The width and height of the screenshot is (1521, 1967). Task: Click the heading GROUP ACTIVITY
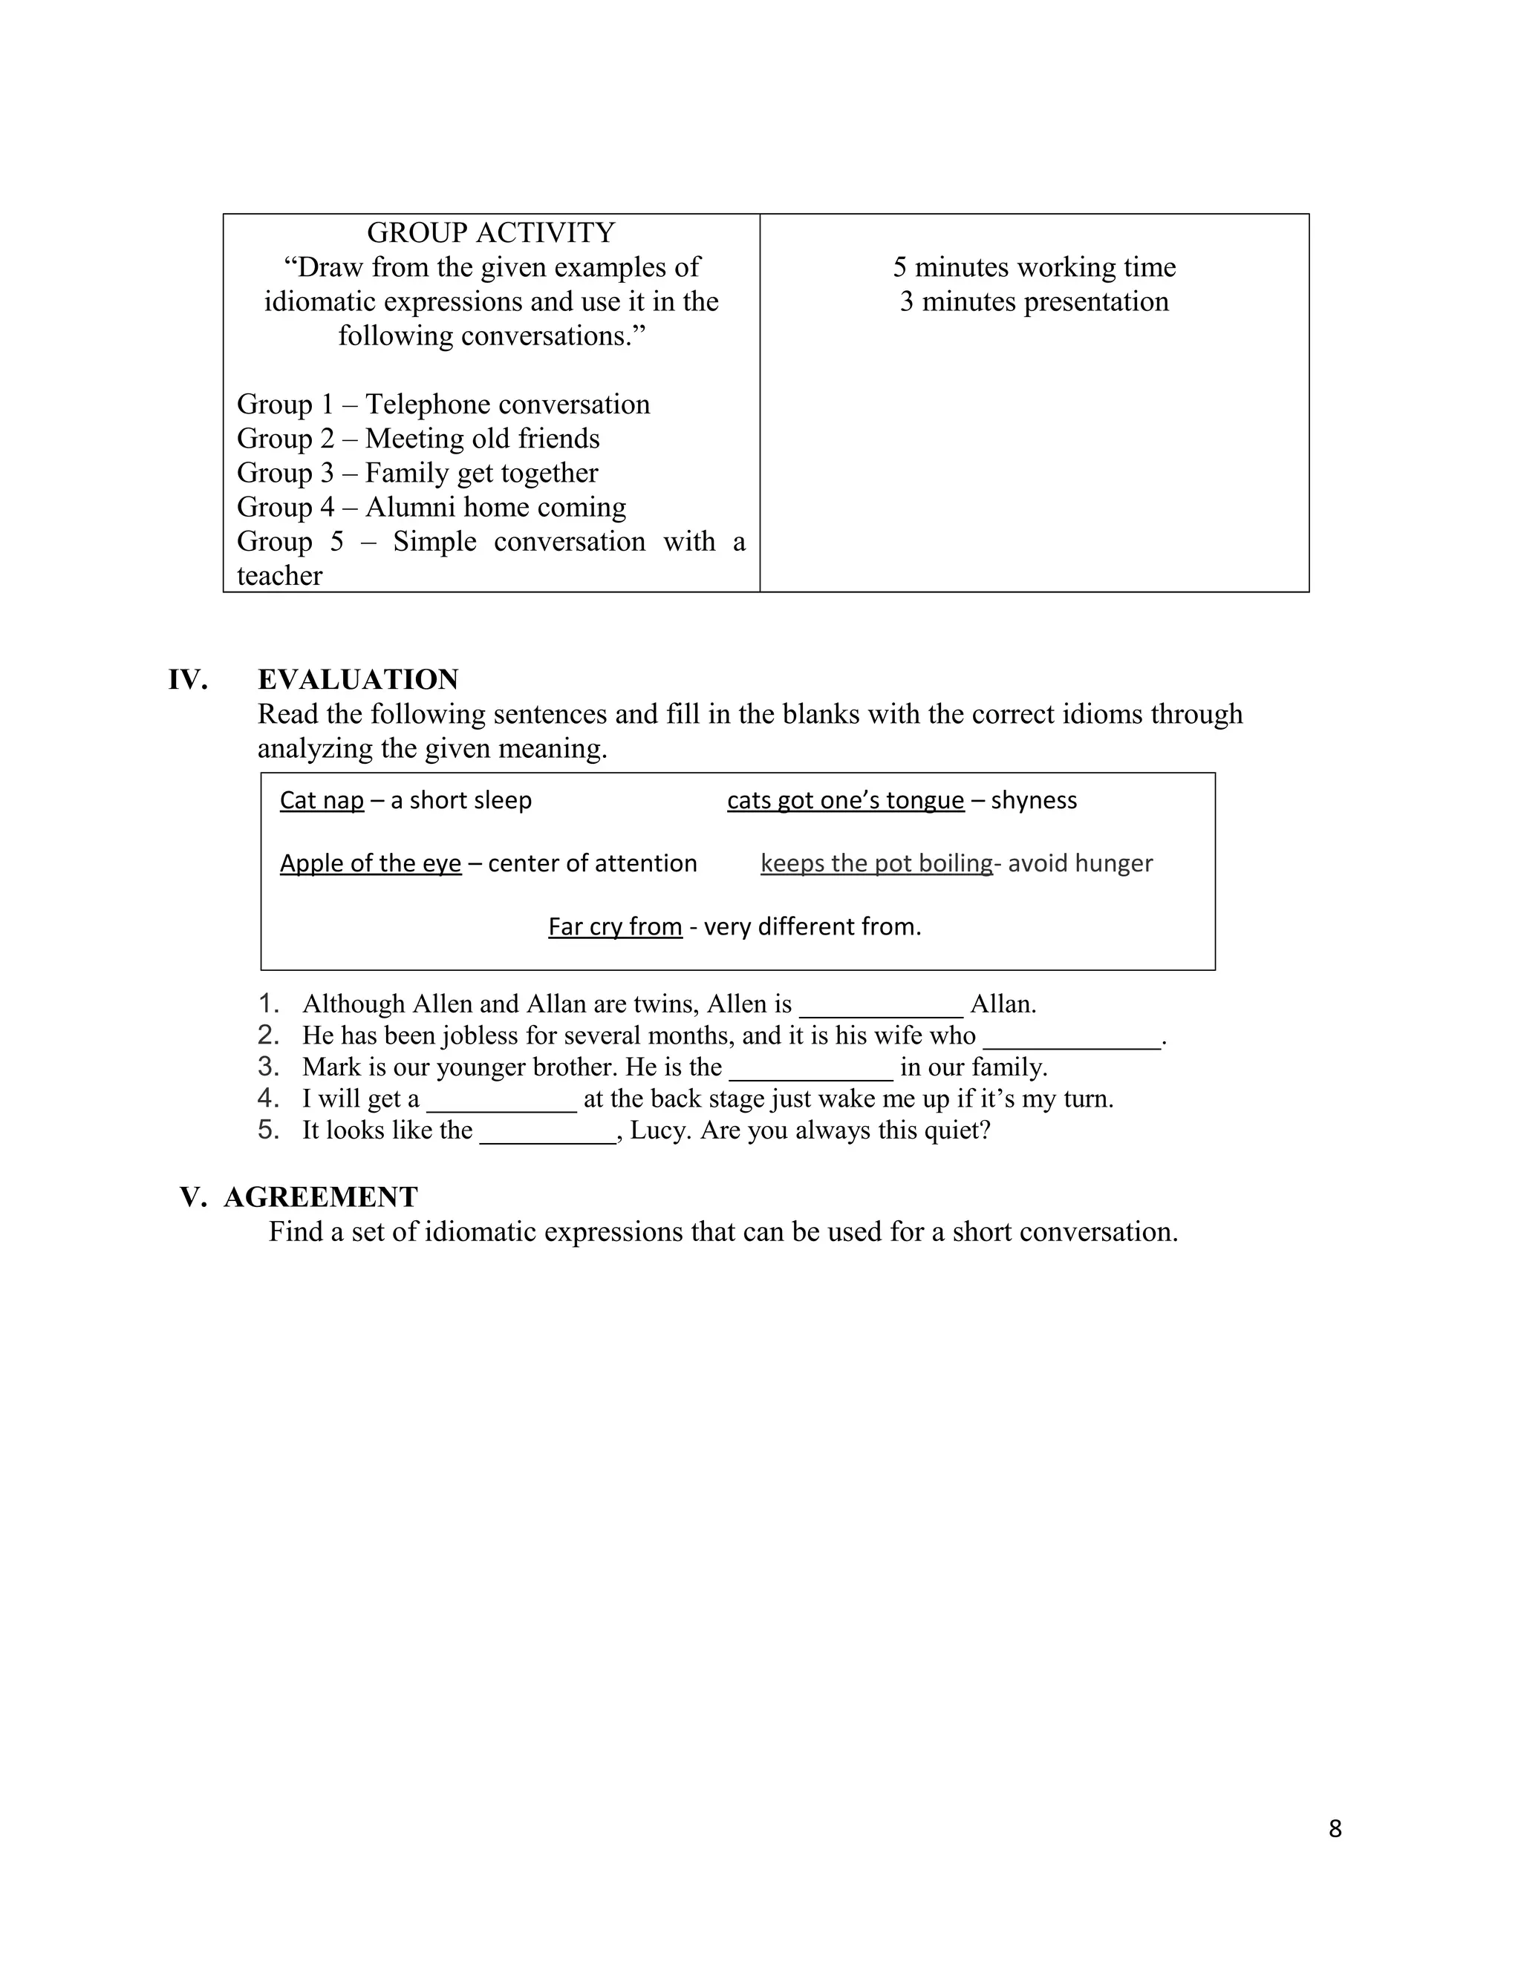pos(491,233)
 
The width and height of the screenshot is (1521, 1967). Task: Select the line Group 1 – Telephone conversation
pos(443,405)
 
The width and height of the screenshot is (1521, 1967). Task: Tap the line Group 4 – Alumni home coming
pos(431,507)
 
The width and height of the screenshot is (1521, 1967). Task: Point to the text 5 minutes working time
pos(1035,267)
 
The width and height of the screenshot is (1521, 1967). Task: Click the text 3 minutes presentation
pos(1035,301)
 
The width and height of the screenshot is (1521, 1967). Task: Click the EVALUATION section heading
pos(358,679)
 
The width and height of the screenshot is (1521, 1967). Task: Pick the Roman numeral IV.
pos(187,679)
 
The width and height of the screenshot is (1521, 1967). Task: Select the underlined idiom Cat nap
pos(322,801)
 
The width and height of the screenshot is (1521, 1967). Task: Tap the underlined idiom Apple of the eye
pos(371,864)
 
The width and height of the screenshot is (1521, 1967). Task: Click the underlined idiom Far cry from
pos(614,927)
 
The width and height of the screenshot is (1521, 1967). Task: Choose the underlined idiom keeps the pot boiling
pos(876,864)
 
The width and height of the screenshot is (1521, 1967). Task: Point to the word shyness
pos(1034,801)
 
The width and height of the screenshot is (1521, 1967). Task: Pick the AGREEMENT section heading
pos(321,1197)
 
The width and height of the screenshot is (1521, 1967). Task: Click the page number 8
pos(1335,1829)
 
